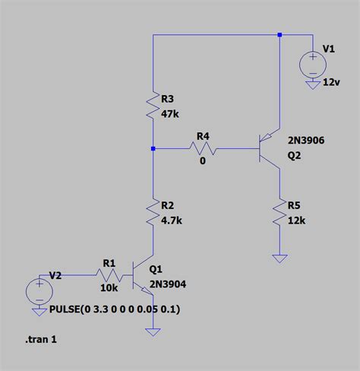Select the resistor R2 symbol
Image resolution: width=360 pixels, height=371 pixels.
tap(153, 215)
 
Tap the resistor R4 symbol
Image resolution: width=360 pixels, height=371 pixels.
tap(203, 150)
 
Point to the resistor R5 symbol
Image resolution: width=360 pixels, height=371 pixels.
tap(280, 215)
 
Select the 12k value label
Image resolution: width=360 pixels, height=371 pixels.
tap(296, 220)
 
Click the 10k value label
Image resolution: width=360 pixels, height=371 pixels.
tap(109, 289)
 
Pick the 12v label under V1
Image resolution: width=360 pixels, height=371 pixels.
tap(332, 81)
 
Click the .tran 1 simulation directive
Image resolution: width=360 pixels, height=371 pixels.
tap(41, 339)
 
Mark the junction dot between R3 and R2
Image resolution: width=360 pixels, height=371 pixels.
tap(153, 149)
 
